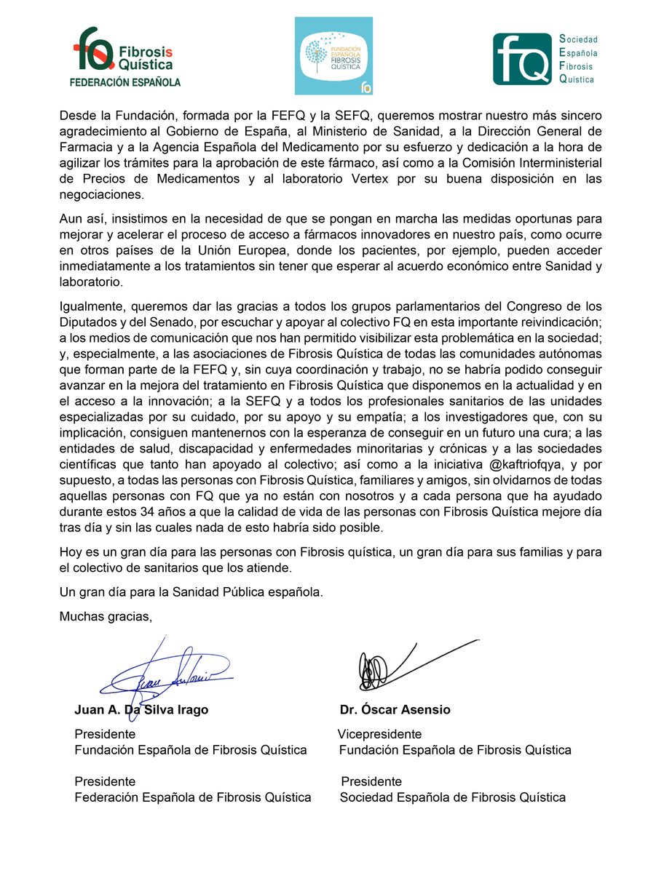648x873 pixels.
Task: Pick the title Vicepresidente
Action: [380, 734]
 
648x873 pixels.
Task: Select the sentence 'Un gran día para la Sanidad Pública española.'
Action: [191, 591]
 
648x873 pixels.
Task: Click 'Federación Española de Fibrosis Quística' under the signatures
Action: [193, 797]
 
